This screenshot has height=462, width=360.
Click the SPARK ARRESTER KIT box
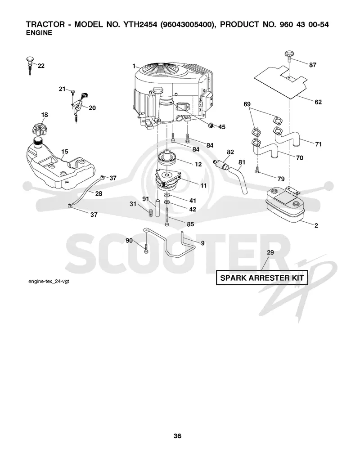click(262, 278)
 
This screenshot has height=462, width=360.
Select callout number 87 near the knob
click(313, 65)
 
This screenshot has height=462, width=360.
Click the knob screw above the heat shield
click(289, 56)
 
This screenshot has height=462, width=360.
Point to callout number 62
click(318, 102)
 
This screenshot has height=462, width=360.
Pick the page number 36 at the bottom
click(177, 436)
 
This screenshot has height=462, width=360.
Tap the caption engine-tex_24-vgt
click(49, 282)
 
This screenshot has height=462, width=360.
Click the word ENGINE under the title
click(39, 33)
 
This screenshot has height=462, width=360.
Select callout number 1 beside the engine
click(134, 66)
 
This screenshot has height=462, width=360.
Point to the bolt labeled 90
click(146, 249)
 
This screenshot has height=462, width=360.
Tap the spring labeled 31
click(151, 212)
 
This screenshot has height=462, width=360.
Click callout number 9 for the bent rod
click(202, 243)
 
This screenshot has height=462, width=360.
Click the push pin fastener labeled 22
click(29, 65)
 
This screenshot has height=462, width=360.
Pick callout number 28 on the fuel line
click(99, 193)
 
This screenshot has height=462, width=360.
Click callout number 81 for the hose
click(242, 162)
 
